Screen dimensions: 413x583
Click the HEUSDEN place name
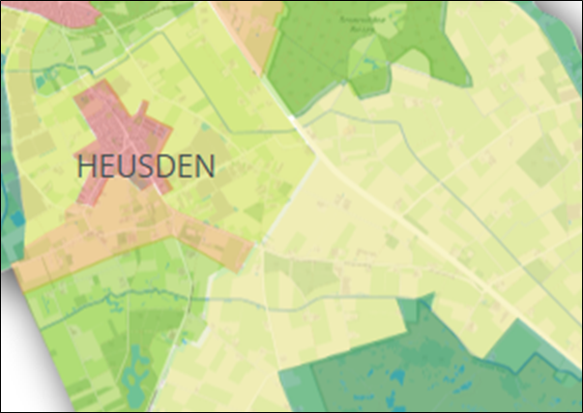[x=145, y=166]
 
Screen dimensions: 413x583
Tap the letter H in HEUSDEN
[x=85, y=166]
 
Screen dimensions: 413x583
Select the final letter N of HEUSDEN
[x=204, y=166]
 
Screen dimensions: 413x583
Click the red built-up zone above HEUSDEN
[x=121, y=121]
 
